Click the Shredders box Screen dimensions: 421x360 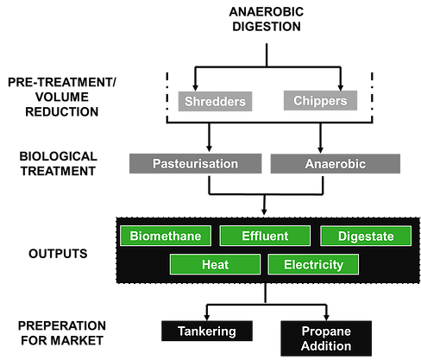click(215, 101)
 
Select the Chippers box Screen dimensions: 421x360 click(320, 100)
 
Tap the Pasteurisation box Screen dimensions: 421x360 click(196, 163)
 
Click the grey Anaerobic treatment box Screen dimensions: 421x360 click(336, 163)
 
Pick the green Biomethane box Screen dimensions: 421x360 click(166, 236)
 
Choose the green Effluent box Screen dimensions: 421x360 click(265, 236)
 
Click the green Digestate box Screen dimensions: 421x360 click(366, 236)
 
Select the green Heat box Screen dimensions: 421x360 click(216, 264)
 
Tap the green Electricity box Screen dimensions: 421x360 click(313, 264)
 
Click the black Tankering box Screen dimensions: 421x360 click(207, 331)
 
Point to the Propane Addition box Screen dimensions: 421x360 click(326, 338)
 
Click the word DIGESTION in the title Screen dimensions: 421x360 click(267, 27)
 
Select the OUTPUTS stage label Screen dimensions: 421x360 click(58, 254)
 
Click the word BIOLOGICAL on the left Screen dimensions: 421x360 click(59, 156)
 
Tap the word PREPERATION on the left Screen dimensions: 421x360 click(62, 325)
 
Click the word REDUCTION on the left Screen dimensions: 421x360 click(62, 111)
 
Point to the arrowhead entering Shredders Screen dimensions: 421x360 click(195, 88)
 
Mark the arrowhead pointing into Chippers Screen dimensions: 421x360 click(341, 87)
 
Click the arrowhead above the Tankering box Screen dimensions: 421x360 click(207, 318)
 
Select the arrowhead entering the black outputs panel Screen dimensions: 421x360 click(264, 212)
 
